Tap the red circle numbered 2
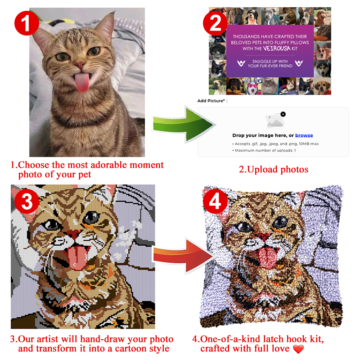tap(215, 24)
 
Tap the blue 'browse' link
tap(304, 135)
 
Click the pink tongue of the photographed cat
tap(81, 83)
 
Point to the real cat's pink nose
tap(80, 66)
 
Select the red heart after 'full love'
tap(298, 349)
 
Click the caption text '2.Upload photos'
tap(273, 169)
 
